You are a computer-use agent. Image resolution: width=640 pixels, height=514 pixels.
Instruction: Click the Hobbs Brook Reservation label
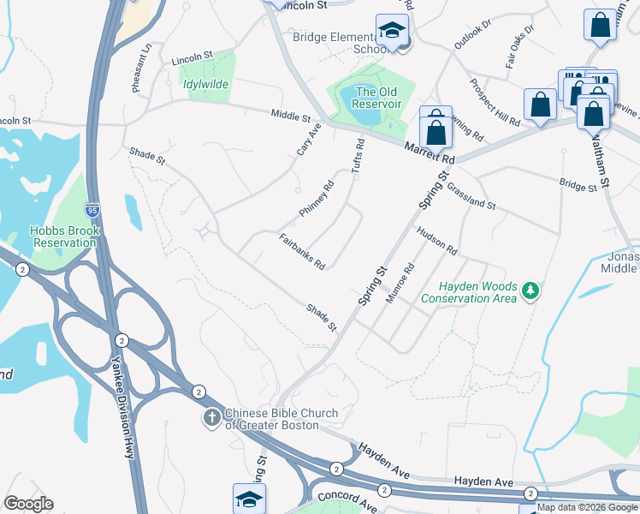64,236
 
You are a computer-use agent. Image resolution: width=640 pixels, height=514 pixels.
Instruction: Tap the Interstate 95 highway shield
92,209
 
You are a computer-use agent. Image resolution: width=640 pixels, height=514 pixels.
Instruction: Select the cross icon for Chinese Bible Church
212,418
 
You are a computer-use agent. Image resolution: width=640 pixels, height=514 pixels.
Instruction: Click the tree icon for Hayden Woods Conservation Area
531,291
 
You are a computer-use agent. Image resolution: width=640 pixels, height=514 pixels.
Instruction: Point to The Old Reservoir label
378,98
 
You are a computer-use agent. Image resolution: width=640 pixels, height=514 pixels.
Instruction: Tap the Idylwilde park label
205,85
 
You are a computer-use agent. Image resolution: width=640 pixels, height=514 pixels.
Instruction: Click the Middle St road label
290,115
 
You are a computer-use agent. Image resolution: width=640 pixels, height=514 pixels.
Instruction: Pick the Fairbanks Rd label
302,251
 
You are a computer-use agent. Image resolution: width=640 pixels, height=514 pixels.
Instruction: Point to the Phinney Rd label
316,199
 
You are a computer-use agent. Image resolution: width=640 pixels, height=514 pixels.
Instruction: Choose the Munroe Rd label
401,282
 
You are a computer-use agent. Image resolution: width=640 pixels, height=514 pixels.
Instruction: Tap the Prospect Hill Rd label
495,104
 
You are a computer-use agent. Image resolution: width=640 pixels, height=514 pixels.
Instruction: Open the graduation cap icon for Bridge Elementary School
392,30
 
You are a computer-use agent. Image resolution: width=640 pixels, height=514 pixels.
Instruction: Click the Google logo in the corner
28,504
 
